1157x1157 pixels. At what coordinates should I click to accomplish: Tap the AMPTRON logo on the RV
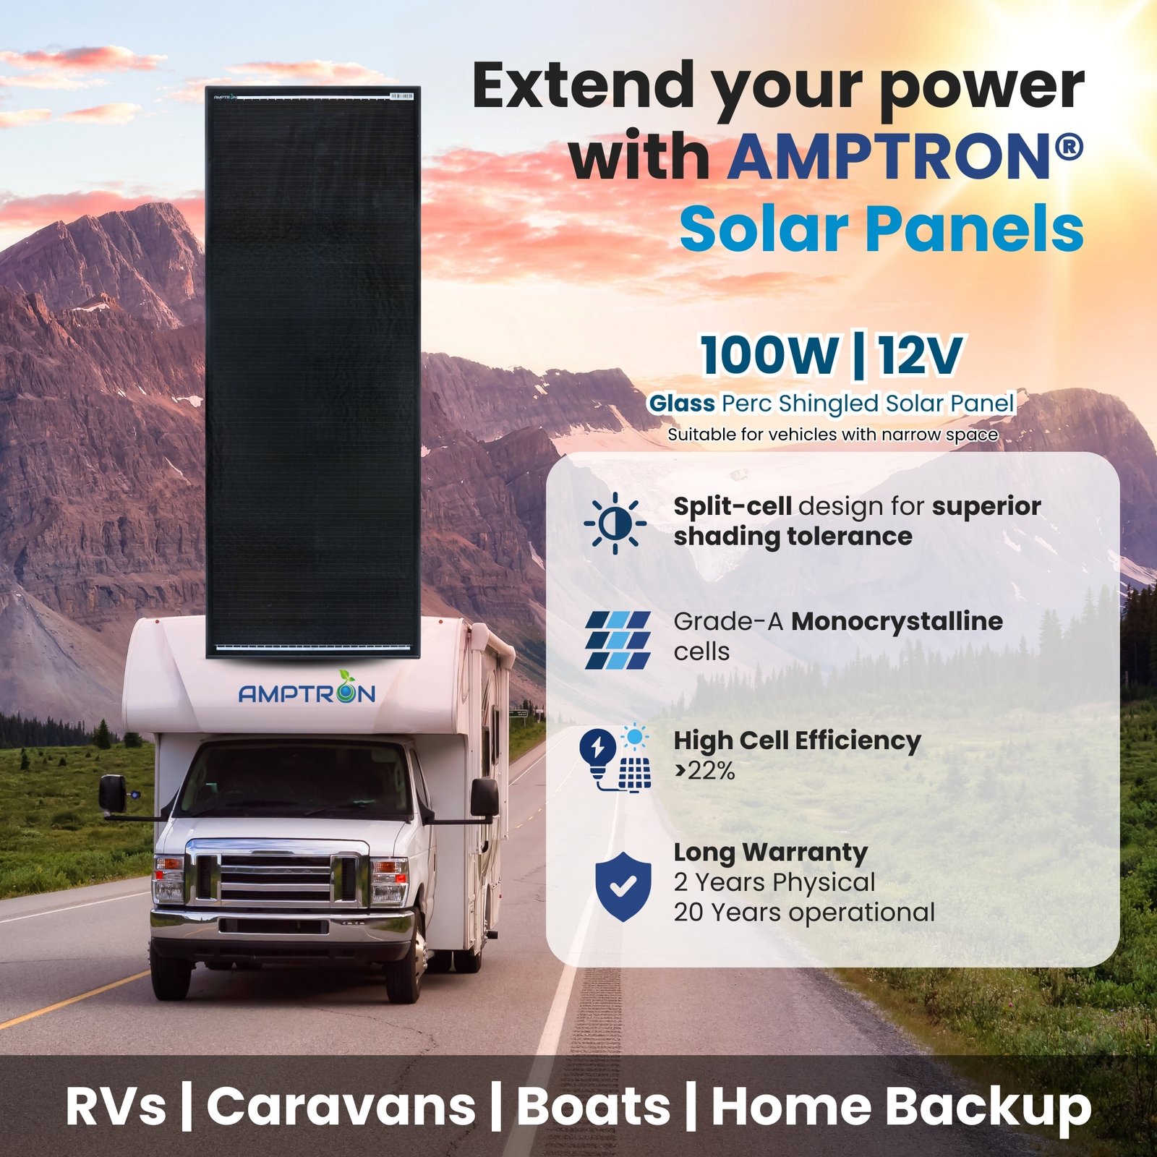point(307,690)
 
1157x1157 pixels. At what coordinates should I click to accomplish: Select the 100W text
point(769,356)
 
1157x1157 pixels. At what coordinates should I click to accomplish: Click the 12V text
point(921,356)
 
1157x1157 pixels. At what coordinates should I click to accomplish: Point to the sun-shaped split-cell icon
point(615,523)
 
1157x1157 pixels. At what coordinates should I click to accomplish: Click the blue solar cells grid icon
point(618,640)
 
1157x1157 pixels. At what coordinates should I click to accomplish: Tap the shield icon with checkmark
point(623,887)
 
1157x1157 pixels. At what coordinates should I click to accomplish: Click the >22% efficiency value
point(704,772)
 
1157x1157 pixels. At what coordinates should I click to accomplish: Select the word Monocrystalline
point(897,621)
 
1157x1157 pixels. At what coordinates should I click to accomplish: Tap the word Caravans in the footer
point(341,1107)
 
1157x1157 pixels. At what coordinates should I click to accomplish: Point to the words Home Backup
point(901,1107)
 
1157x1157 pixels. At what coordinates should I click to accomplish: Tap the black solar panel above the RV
point(312,372)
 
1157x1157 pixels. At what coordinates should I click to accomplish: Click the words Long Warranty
point(770,853)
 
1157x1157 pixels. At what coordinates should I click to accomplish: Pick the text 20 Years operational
point(804,913)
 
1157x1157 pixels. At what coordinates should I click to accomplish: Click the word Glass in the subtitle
point(681,403)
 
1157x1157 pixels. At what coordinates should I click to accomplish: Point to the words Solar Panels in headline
point(881,229)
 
